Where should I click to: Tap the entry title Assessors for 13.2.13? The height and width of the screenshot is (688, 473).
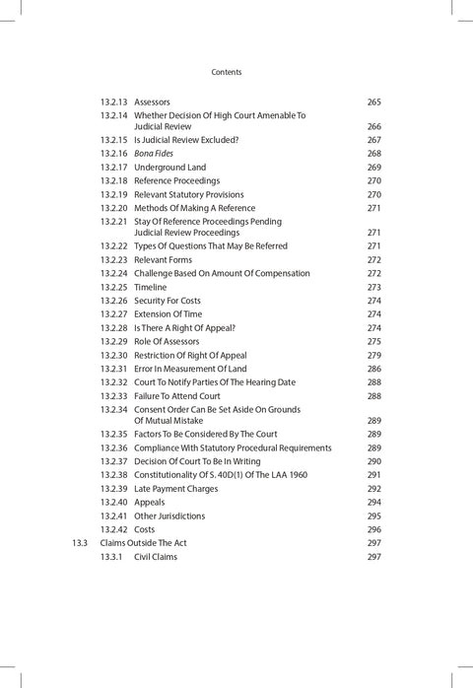tap(152, 102)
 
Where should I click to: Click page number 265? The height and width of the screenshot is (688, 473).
tap(373, 102)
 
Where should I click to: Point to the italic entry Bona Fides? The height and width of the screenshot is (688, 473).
tap(154, 154)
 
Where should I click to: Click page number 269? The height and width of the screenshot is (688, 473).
tap(373, 168)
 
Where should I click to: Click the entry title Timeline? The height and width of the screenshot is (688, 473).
tap(151, 287)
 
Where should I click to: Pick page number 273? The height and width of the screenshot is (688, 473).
tap(373, 287)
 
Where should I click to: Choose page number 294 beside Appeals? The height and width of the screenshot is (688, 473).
tap(373, 502)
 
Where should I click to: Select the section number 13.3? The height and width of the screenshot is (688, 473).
tap(80, 542)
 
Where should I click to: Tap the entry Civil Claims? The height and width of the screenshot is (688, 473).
tap(156, 556)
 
